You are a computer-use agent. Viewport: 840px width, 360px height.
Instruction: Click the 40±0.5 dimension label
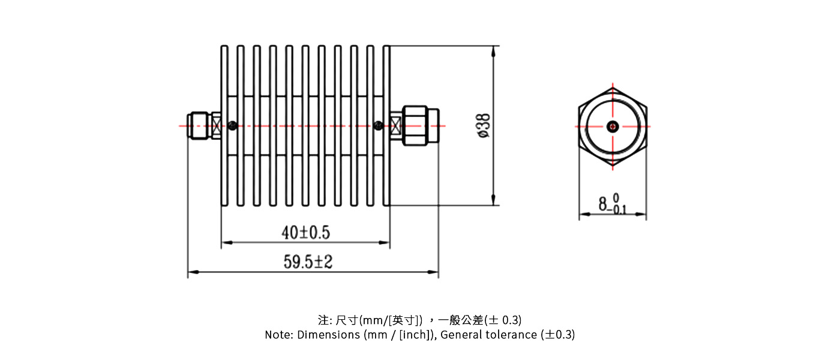[306, 233]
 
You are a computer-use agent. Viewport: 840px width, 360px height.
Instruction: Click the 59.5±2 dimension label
[308, 262]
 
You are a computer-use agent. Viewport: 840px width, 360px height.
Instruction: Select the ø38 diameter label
[484, 125]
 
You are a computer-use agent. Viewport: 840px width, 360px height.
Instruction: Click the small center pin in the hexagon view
[613, 127]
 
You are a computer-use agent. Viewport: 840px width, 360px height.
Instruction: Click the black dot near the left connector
[233, 125]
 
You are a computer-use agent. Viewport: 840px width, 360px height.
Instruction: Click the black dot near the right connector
[378, 125]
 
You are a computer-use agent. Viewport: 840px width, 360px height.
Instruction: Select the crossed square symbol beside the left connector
[216, 125]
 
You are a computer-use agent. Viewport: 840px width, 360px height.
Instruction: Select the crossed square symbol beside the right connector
[395, 125]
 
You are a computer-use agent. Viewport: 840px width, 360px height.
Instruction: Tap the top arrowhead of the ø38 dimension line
[493, 51]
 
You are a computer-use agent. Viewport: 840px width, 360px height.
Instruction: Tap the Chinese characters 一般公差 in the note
[461, 320]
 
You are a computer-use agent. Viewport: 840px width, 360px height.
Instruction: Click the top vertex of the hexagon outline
[613, 88]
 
